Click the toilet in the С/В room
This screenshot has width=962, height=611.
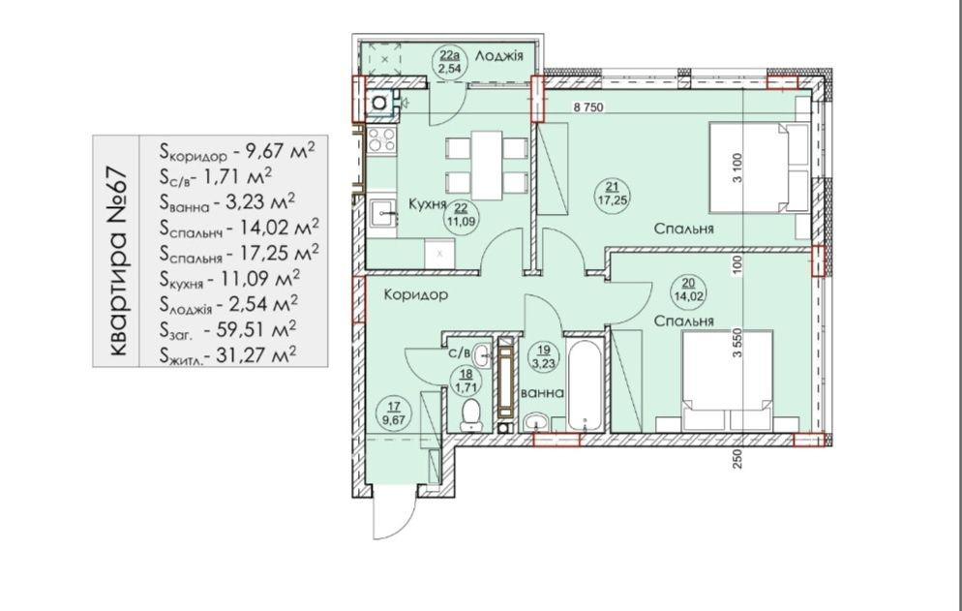[471, 415]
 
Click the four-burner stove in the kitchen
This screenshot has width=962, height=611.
[381, 140]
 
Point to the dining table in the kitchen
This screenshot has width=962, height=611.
[487, 166]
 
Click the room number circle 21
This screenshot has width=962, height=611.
[613, 194]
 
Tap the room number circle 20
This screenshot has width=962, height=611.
[688, 290]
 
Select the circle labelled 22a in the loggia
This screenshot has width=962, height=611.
[450, 61]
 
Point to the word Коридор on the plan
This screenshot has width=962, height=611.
[416, 294]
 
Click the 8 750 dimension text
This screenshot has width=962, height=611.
[588, 107]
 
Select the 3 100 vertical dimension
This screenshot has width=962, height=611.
[737, 168]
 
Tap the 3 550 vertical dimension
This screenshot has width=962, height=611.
[737, 344]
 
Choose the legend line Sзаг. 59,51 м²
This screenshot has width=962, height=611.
[227, 330]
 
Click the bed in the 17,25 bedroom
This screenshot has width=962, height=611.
[759, 168]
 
